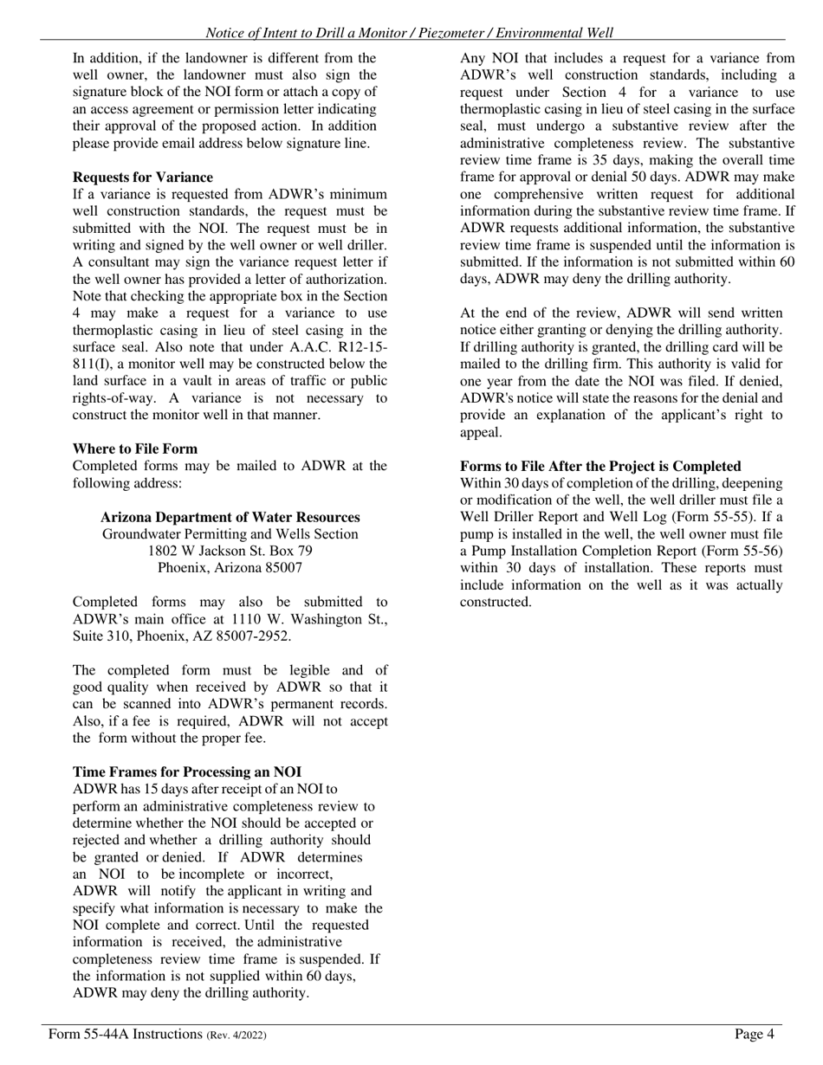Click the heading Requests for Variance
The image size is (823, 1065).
(142, 177)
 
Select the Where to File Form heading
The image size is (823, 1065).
(135, 449)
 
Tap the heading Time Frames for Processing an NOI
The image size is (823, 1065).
(187, 771)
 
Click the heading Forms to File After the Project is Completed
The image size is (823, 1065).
(600, 466)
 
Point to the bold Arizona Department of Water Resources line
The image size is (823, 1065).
(230, 517)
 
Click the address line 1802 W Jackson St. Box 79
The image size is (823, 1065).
(230, 551)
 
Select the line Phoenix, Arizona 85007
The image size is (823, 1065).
(230, 568)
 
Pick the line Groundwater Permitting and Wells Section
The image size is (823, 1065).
(230, 534)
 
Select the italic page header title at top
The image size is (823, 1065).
(409, 33)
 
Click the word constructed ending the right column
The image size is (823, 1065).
(494, 602)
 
